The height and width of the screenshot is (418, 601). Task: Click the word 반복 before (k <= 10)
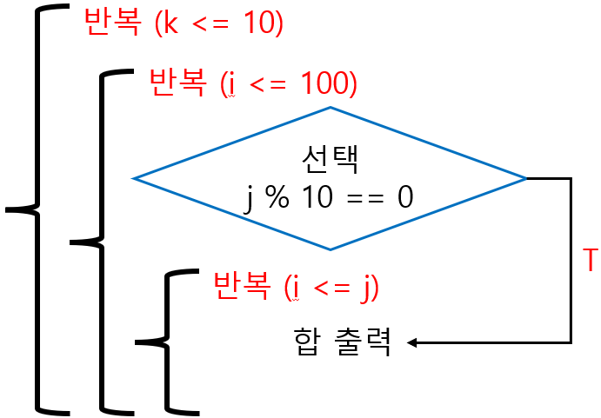click(110, 23)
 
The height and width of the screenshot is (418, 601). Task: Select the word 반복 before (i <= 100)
click(178, 83)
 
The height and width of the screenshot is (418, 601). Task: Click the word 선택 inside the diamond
click(330, 159)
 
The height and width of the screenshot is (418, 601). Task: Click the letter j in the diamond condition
click(250, 198)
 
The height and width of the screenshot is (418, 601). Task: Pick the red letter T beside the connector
click(590, 260)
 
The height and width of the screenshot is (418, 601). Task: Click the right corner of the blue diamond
click(526, 178)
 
